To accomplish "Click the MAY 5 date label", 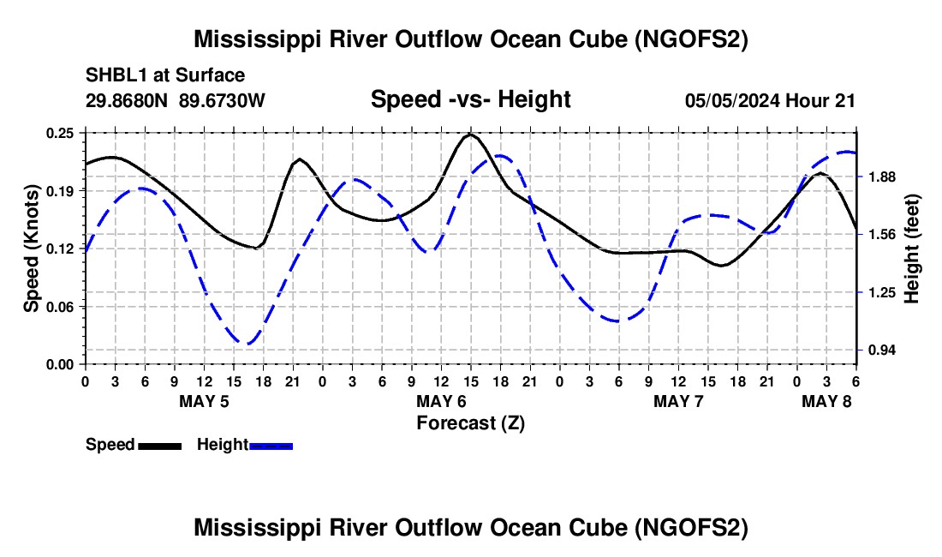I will (x=204, y=401).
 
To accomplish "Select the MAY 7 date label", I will (x=678, y=401).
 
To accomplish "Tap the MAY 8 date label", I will (x=827, y=401).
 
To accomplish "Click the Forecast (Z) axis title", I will (x=470, y=422).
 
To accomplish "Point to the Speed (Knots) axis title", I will (x=32, y=249).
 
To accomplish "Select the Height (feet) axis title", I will (x=911, y=249).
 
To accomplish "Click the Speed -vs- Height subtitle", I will (x=470, y=99).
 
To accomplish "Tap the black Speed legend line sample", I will (x=159, y=445).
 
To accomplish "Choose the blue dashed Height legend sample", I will (x=271, y=445).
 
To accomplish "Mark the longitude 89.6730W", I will (x=223, y=100).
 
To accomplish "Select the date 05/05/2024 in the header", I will (x=731, y=100).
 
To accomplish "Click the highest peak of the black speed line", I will (x=470, y=135).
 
